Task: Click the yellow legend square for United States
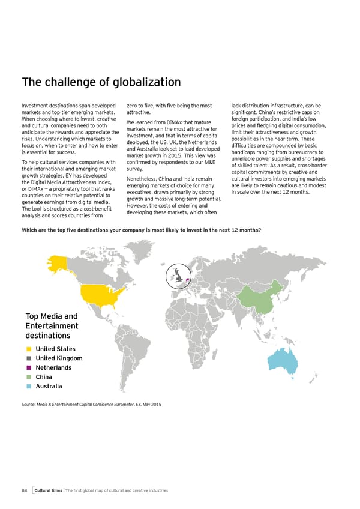[29, 349]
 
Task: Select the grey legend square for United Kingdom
[29, 358]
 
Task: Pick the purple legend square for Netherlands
[29, 367]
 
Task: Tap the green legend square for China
[29, 377]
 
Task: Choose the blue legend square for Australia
[29, 386]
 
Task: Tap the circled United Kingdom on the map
[178, 277]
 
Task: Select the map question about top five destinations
[142, 230]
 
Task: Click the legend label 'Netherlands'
[54, 367]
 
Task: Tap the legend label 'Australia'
[49, 386]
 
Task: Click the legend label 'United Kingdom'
[59, 358]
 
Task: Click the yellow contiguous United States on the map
[100, 295]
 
